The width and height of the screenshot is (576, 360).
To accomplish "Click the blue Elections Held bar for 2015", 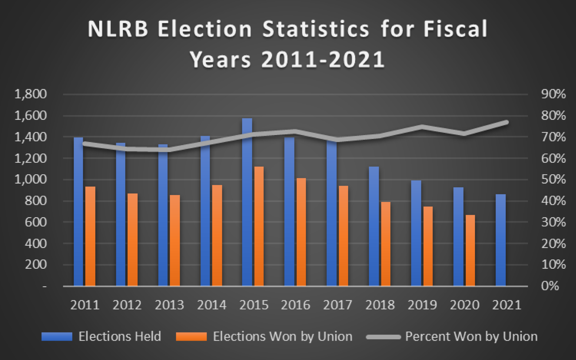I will [x=247, y=202].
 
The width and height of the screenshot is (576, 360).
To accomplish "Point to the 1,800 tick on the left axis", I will [x=30, y=94].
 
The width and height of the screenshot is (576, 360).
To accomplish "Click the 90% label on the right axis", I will [x=553, y=94].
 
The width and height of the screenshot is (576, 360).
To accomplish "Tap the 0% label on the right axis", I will [x=550, y=286].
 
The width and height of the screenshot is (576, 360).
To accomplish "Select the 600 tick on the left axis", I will [x=35, y=222].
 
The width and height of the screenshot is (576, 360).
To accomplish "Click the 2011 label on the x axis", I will [x=85, y=305].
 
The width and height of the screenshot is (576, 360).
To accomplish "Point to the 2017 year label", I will [x=337, y=305].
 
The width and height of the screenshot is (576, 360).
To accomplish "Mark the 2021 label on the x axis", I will [x=507, y=305].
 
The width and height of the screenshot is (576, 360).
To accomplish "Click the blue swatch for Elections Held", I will [x=57, y=336].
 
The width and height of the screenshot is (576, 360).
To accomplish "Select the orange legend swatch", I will [x=191, y=336].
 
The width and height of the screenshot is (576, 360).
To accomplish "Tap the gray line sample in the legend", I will [x=384, y=337].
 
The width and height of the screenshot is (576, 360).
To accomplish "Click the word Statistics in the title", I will [x=316, y=29].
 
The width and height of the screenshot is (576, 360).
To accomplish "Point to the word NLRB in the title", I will [x=118, y=29].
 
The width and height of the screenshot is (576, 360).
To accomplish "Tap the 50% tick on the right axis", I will [x=553, y=180].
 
